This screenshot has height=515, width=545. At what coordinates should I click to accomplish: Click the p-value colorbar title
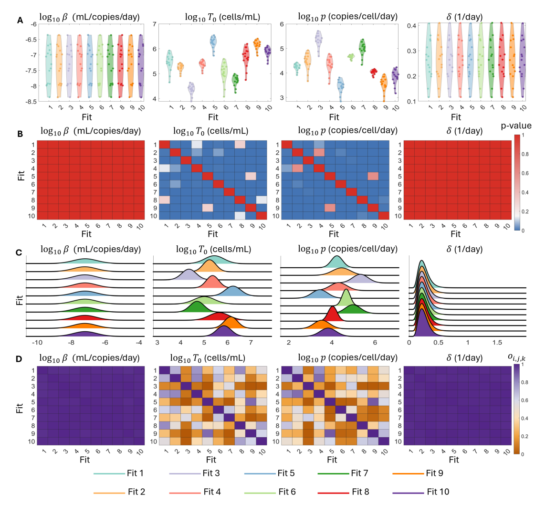(516, 126)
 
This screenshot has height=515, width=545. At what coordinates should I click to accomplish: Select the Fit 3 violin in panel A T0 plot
(191, 92)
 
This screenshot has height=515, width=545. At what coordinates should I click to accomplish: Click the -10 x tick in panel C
(37, 343)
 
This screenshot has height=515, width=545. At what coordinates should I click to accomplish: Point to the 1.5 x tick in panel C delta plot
(497, 343)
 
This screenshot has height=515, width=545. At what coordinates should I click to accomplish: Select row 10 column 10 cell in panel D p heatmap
(383, 441)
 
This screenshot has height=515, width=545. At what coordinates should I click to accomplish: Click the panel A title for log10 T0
(222, 17)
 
